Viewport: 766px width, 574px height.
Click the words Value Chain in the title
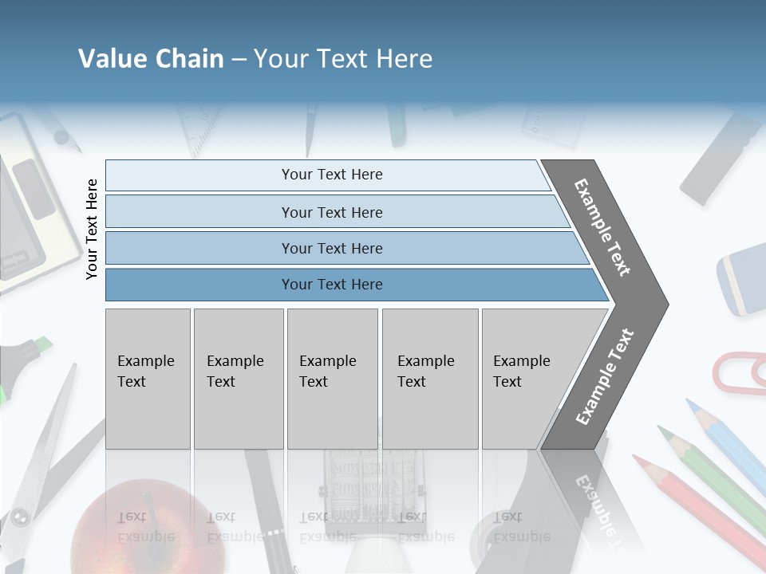pyautogui.click(x=151, y=59)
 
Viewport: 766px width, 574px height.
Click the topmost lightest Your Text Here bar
pyautogui.click(x=331, y=175)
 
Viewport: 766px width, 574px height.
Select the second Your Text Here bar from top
pyautogui.click(x=331, y=212)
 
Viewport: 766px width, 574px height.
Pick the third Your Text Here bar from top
pyautogui.click(x=331, y=248)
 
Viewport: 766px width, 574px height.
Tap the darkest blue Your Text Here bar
pyautogui.click(x=331, y=285)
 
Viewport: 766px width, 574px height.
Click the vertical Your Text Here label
pyautogui.click(x=92, y=230)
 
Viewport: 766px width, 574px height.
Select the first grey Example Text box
pyautogui.click(x=148, y=379)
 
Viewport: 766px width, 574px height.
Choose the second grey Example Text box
pyautogui.click(x=238, y=379)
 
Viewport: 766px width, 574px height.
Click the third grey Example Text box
pyautogui.click(x=332, y=379)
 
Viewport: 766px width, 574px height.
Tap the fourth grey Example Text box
pyautogui.click(x=429, y=379)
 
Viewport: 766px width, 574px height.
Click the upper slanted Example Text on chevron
pyautogui.click(x=602, y=227)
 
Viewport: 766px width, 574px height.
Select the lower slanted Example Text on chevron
pyautogui.click(x=604, y=377)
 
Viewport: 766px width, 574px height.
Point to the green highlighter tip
pyautogui.click(x=40, y=346)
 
